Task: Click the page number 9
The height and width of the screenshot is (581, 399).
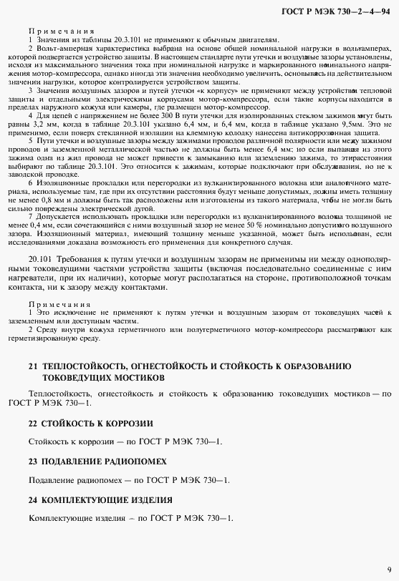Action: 388,567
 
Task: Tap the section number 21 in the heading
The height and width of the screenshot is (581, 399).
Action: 33,366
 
